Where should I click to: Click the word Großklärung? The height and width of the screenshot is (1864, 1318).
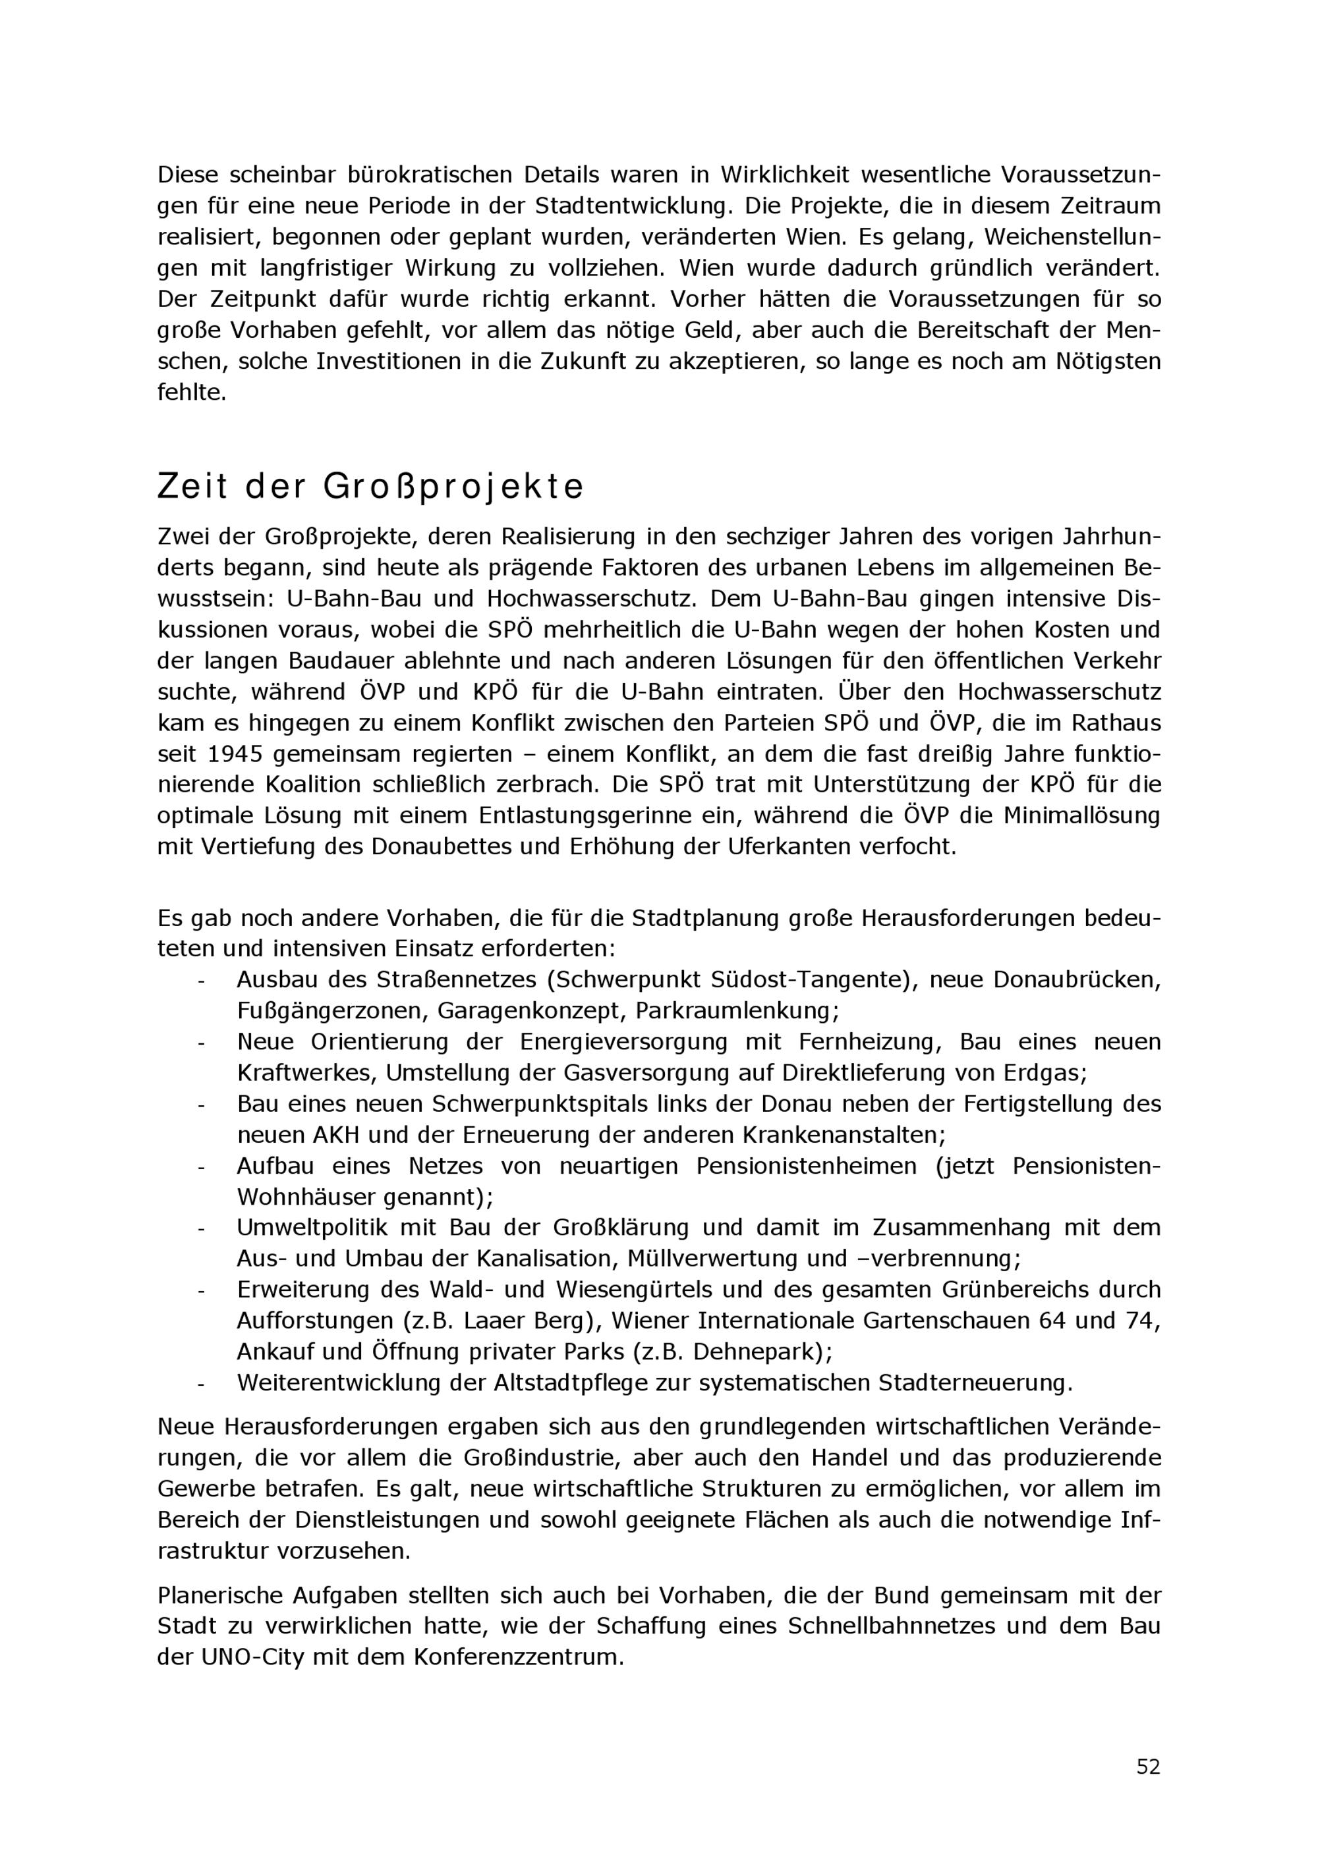point(622,1228)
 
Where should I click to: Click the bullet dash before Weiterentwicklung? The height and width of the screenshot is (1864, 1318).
point(200,1383)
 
